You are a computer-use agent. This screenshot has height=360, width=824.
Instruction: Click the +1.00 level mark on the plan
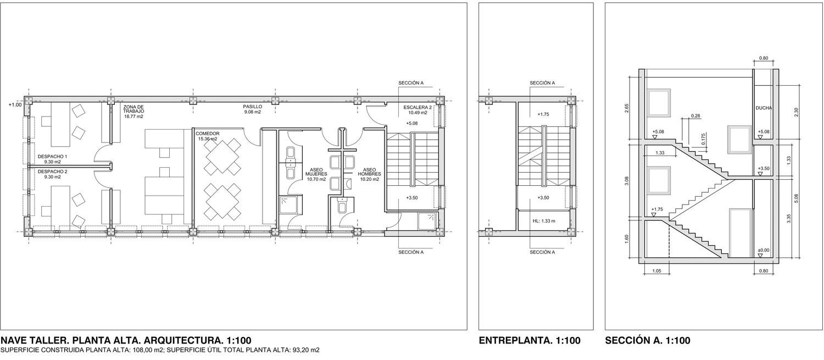point(15,105)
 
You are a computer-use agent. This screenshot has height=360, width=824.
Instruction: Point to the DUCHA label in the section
point(764,108)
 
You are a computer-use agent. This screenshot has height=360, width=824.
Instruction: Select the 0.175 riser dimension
point(703,139)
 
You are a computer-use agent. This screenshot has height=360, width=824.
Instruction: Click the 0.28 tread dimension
point(695,116)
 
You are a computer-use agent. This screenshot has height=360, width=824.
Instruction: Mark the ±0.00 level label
point(764,250)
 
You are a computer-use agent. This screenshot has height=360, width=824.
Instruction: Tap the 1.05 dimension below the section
point(656,271)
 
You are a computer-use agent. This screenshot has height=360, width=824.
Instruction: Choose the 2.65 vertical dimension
point(627,108)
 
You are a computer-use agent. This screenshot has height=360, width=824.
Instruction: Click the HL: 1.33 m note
point(544,221)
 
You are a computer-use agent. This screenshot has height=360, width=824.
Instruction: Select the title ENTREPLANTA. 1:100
point(530,341)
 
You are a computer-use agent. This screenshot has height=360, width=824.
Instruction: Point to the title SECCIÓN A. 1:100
point(648,341)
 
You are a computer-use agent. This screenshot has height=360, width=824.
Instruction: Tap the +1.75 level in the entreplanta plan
point(543,114)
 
